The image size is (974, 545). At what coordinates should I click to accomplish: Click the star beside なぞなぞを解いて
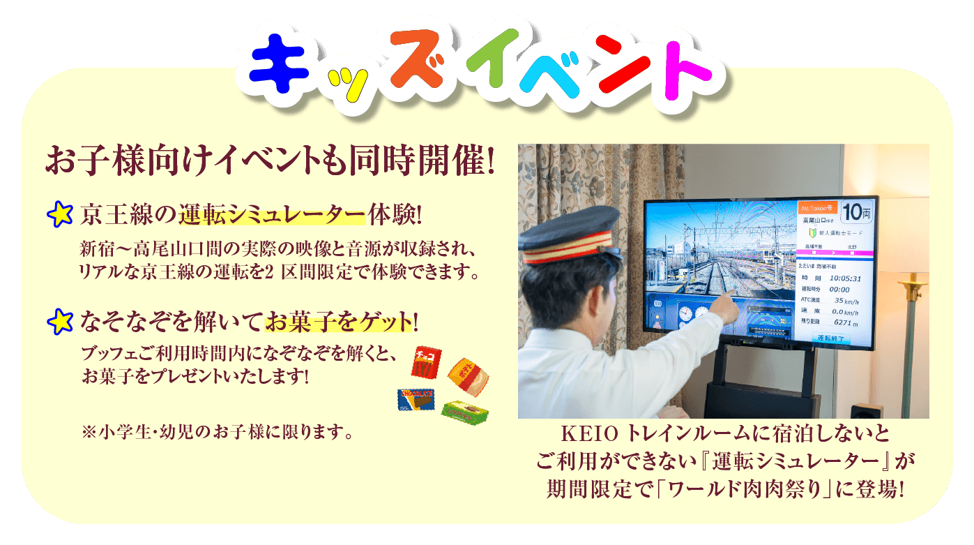pyautogui.click(x=61, y=321)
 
